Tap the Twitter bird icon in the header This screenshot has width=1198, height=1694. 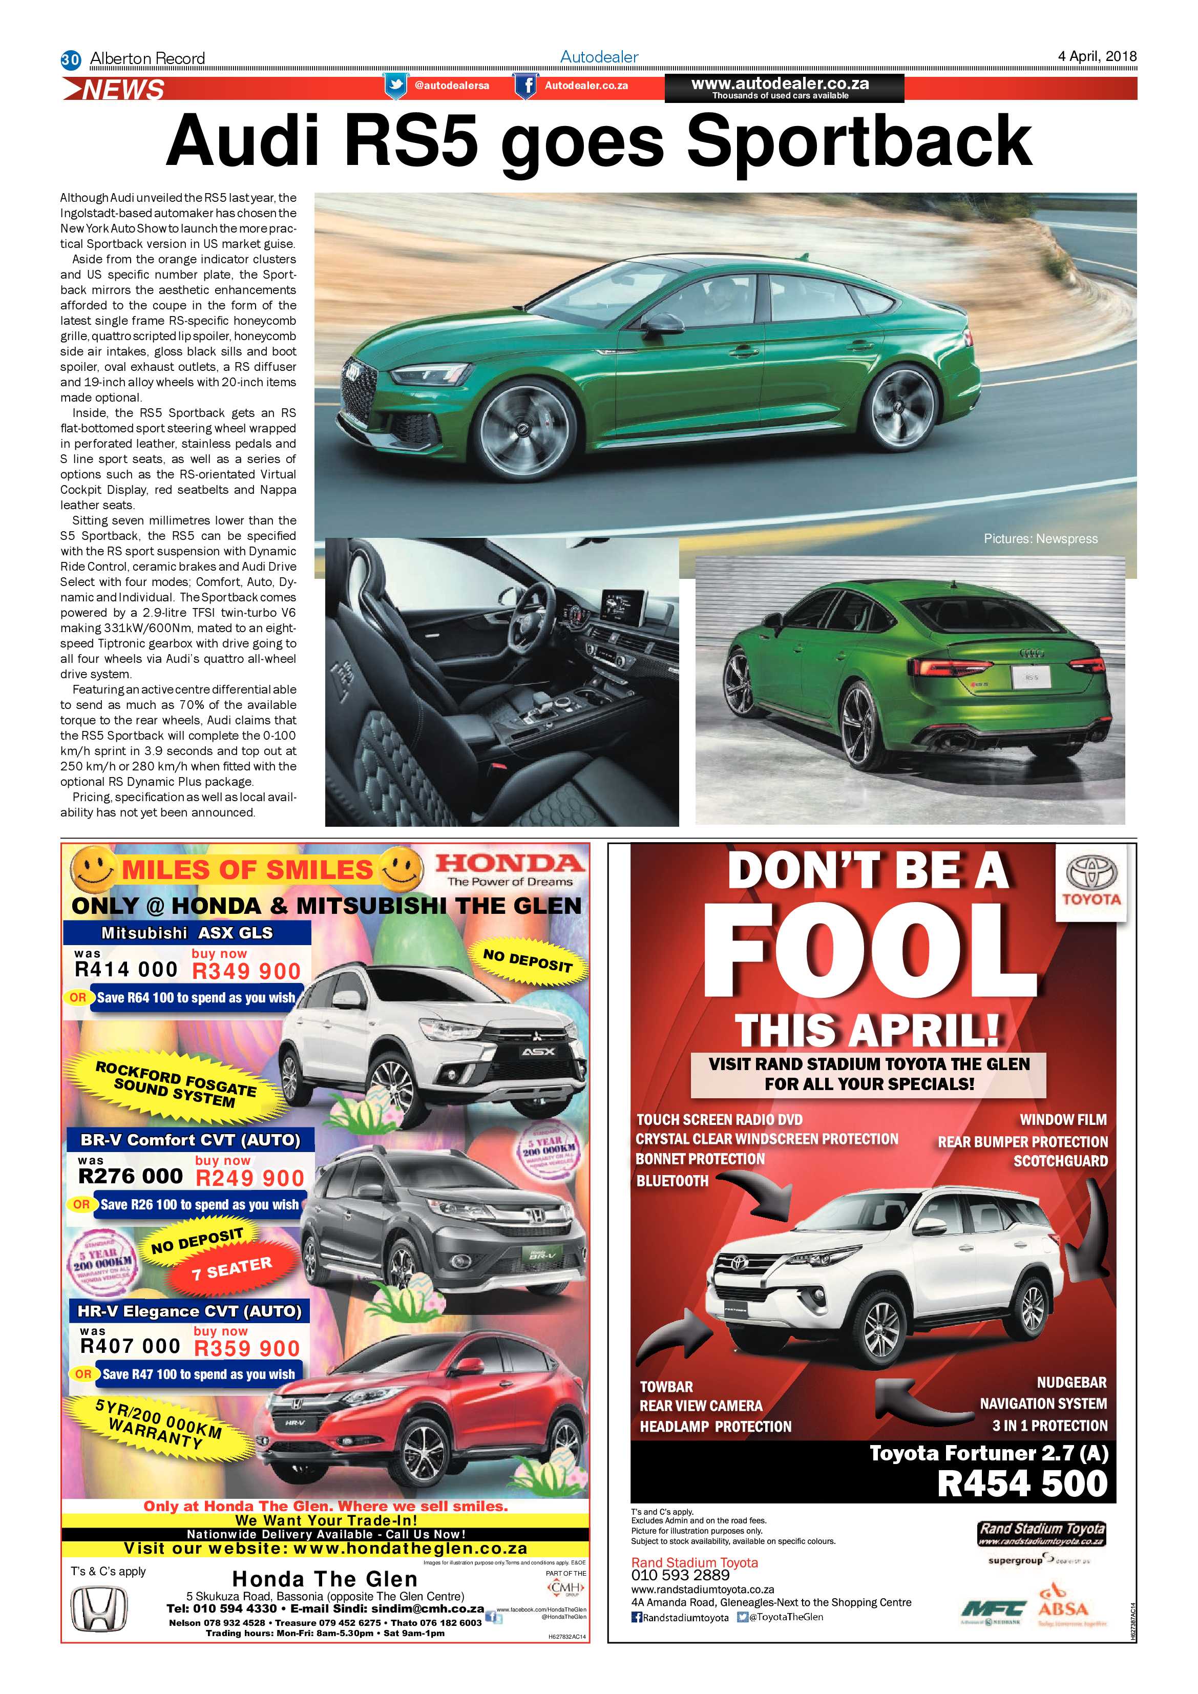396,86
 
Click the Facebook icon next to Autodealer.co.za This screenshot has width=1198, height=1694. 526,86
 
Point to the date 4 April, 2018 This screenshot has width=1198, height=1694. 1097,56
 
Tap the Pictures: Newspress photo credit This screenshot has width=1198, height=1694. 1040,538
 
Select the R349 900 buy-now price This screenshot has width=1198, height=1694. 246,971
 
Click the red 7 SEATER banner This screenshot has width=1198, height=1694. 232,1267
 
